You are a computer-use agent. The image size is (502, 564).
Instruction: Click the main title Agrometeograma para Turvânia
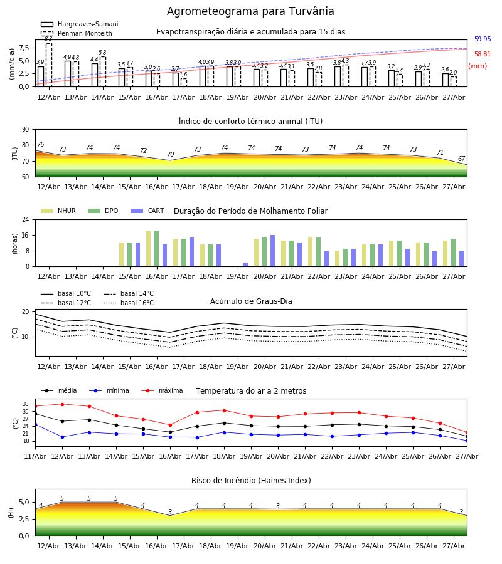(250, 11)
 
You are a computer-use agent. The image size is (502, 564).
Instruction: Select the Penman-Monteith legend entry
(77, 33)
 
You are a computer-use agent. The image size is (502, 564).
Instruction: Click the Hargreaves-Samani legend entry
(79, 24)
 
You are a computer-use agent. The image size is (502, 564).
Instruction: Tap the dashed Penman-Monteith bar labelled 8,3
(49, 65)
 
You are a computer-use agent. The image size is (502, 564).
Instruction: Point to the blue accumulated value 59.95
(483, 39)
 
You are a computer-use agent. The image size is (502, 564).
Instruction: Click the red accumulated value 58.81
(483, 55)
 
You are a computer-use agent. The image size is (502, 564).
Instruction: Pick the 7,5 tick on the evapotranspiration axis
(24, 48)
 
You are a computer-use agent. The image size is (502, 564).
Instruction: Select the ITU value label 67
(462, 159)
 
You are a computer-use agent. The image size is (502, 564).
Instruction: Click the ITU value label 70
(170, 154)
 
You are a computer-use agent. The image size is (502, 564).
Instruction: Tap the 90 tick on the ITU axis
(26, 130)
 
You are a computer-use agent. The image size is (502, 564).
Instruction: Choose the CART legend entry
(147, 211)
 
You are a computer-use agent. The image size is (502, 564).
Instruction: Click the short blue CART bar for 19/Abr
(245, 264)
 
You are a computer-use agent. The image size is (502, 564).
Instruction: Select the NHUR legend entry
(58, 211)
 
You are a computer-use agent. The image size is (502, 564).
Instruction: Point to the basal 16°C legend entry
(129, 303)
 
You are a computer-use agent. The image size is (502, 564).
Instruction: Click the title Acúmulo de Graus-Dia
(251, 301)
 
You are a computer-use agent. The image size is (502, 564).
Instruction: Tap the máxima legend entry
(162, 390)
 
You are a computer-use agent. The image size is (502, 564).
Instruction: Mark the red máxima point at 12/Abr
(62, 404)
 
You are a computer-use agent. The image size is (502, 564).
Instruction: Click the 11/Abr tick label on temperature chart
(35, 456)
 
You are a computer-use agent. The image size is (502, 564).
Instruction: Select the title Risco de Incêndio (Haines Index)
(251, 481)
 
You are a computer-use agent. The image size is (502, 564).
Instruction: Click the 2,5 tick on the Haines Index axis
(24, 520)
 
